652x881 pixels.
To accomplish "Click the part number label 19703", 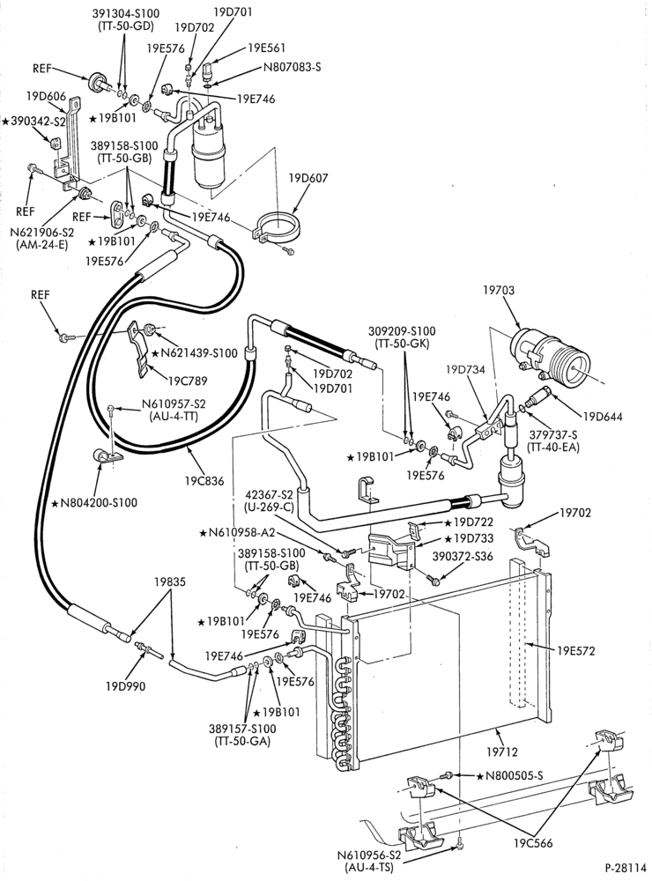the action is coord(499,291).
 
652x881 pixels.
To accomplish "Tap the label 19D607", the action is coord(308,178).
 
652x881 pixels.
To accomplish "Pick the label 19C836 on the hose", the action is coord(204,481).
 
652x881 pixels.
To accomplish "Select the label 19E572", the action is coord(575,651).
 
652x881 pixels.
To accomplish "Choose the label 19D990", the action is coord(125,686).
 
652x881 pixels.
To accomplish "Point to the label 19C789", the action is coord(187,381).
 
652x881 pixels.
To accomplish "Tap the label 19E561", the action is coord(266,48).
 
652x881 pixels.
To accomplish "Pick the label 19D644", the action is coord(603,417).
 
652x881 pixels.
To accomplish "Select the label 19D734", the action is coord(466,369).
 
